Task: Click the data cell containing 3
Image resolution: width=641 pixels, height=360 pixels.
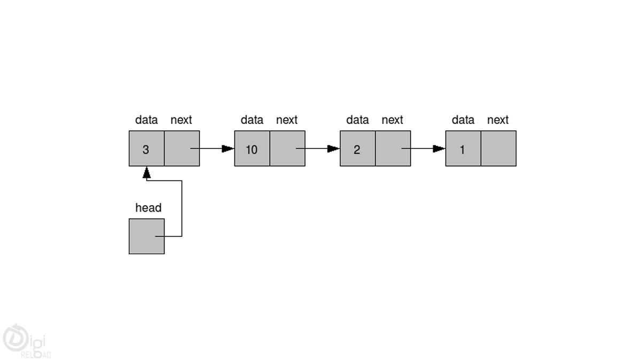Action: pos(146,149)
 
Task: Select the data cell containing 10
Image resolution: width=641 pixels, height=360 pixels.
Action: pos(252,149)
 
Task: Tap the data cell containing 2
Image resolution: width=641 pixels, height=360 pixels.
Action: pos(357,149)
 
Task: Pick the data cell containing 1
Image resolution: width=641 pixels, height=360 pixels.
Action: pos(463,149)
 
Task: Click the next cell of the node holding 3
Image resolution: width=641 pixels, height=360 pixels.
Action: pos(182,149)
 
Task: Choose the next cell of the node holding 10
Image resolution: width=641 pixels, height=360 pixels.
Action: pos(287,149)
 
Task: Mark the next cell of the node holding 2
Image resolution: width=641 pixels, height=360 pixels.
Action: pos(393,149)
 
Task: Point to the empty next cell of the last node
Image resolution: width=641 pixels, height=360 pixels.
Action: pos(498,149)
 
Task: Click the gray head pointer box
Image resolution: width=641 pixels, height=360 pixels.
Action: pos(146,236)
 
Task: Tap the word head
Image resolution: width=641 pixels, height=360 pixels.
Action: pos(148,208)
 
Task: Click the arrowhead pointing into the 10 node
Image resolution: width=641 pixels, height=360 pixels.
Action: pos(228,148)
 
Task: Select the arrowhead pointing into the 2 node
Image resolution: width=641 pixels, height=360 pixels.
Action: pos(334,148)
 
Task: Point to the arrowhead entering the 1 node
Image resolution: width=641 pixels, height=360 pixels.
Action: pos(439,148)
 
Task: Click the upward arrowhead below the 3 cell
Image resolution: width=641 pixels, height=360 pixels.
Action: pos(146,172)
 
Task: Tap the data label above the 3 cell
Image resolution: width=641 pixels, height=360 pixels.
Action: pos(146,120)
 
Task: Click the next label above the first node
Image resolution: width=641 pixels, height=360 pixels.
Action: pos(181,120)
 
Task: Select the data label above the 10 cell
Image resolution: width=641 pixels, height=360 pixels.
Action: pos(252,120)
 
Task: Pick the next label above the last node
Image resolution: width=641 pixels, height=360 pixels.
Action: pos(498,120)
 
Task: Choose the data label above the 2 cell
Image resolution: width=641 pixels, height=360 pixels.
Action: pos(357,120)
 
